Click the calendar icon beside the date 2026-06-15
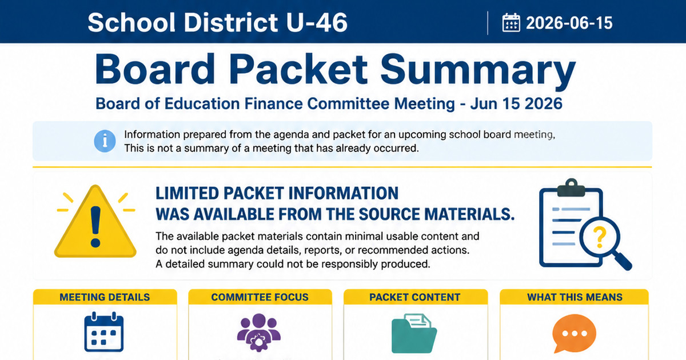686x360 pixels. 511,22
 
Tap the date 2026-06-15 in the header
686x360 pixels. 569,23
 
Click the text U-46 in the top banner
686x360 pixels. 317,22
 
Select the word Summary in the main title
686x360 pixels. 478,70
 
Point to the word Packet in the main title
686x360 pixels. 298,69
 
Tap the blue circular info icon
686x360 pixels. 105,141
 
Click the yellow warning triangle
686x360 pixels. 95,221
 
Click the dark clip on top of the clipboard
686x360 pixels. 571,188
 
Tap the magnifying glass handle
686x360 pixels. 623,261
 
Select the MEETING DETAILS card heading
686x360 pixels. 105,297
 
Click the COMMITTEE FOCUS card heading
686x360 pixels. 260,297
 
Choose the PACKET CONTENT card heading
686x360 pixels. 414,297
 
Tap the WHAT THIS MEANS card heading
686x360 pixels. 575,297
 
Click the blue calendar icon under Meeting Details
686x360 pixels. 104,332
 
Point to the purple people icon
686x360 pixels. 259,332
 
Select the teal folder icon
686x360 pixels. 414,333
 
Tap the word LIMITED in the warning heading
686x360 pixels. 187,194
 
